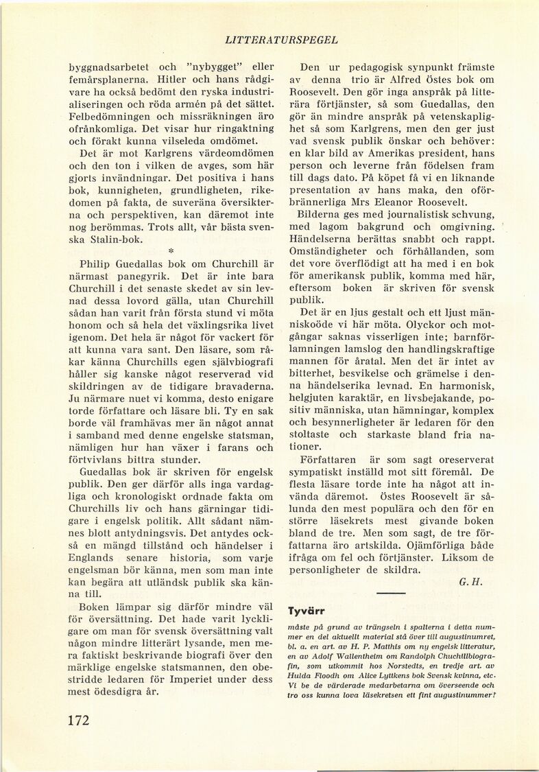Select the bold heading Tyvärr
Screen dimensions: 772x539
click(x=307, y=610)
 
